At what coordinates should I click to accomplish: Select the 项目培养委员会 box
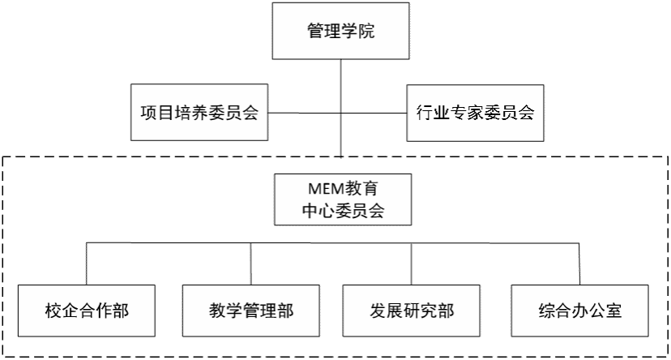pyautogui.click(x=199, y=113)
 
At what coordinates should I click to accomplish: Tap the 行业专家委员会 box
pyautogui.click(x=474, y=113)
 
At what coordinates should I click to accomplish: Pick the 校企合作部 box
pyautogui.click(x=87, y=311)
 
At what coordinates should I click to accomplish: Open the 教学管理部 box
pyautogui.click(x=251, y=311)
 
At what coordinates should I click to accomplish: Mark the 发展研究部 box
pyautogui.click(x=412, y=311)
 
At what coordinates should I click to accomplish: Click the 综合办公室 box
pyautogui.click(x=580, y=311)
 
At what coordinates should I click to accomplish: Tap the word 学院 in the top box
pyautogui.click(x=358, y=32)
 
